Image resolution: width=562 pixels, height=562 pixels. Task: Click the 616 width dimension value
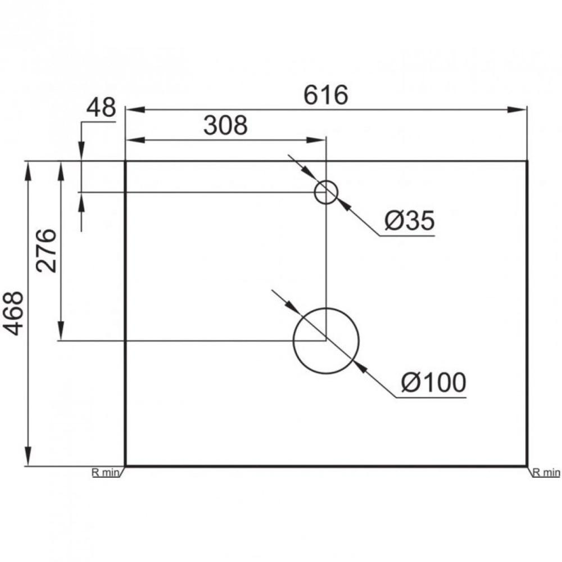pos(326,96)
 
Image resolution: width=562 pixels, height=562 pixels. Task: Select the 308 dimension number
pos(225,126)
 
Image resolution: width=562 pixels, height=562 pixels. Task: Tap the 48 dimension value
pos(101,108)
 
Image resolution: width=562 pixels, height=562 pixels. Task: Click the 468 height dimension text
pos(15,314)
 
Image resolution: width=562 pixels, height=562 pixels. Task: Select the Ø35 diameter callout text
pos(410,221)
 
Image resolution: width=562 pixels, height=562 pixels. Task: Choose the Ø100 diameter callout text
pos(433,383)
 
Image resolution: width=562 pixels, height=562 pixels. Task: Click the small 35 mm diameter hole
pos(325,192)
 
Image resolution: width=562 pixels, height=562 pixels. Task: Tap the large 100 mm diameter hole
pos(326,341)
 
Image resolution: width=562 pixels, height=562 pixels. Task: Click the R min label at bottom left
pos(106,473)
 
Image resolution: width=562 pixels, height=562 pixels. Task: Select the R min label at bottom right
pos(546,473)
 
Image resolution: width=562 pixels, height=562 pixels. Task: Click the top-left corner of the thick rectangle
pos(125,161)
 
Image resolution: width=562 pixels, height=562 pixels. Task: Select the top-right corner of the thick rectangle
pos(527,161)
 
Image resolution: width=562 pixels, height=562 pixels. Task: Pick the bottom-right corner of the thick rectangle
pos(527,466)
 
